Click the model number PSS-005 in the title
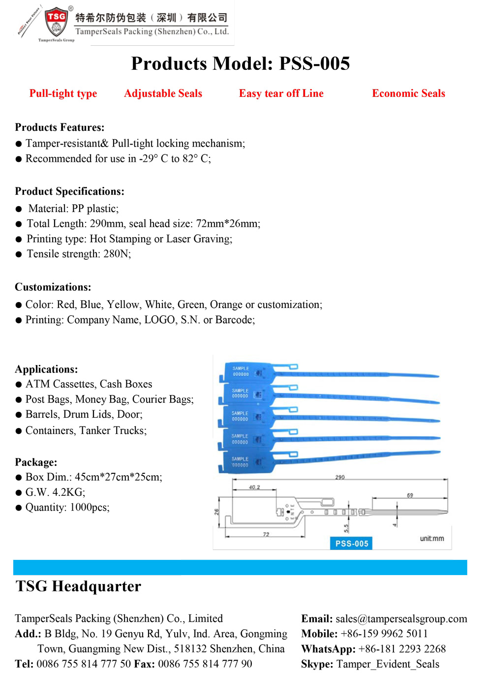pyautogui.click(x=314, y=63)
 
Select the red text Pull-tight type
pyautogui.click(x=63, y=93)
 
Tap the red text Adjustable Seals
pyautogui.click(x=163, y=93)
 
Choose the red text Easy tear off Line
pyautogui.click(x=281, y=93)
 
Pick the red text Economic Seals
pyautogui.click(x=408, y=93)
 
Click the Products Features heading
pyautogui.click(x=60, y=127)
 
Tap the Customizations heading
pyautogui.click(x=53, y=287)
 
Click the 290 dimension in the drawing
pyautogui.click(x=340, y=477)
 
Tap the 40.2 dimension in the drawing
pyautogui.click(x=254, y=488)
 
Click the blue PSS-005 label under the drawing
pyautogui.click(x=352, y=544)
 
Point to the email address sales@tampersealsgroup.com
pyautogui.click(x=401, y=619)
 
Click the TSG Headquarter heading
pyautogui.click(x=79, y=586)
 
